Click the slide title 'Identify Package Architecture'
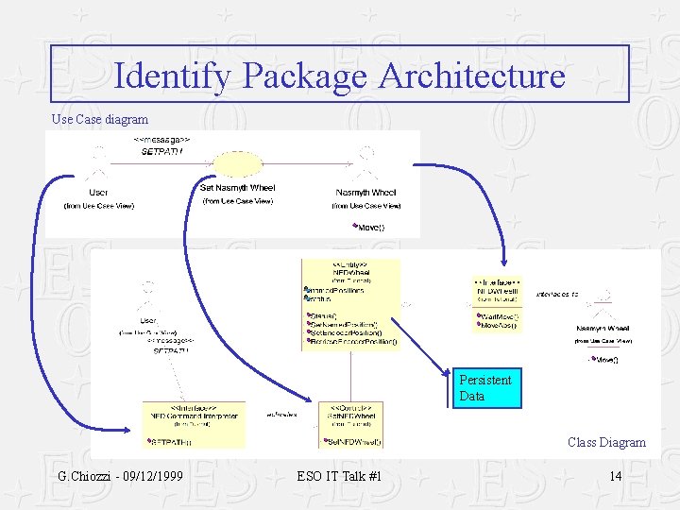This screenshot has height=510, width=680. tap(339, 75)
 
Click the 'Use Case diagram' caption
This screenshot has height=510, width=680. tap(99, 119)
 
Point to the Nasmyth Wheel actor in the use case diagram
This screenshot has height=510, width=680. tap(365, 170)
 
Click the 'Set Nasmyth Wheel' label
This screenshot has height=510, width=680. tap(237, 188)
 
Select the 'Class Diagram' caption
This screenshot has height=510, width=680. tap(606, 442)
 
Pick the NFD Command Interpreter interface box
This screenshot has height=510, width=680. tap(194, 423)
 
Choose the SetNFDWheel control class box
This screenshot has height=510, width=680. tap(352, 423)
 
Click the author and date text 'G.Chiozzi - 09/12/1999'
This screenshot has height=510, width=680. tap(120, 476)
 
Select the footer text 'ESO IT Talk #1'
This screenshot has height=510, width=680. tap(339, 476)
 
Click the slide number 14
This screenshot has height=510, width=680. tap(615, 476)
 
